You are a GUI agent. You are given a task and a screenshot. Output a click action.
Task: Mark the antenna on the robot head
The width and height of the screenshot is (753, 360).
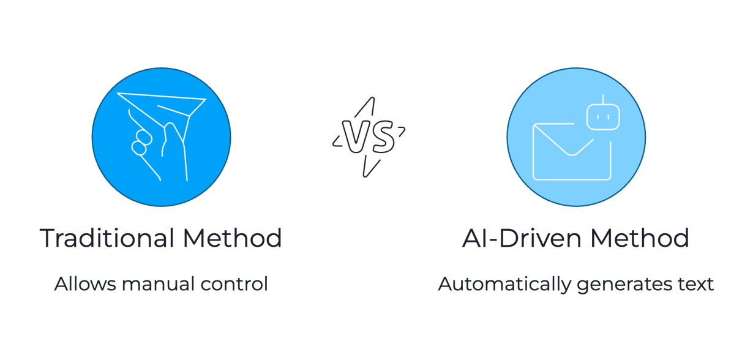(x=603, y=99)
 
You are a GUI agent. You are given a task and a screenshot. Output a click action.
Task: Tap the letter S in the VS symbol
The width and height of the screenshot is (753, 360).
(x=382, y=137)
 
